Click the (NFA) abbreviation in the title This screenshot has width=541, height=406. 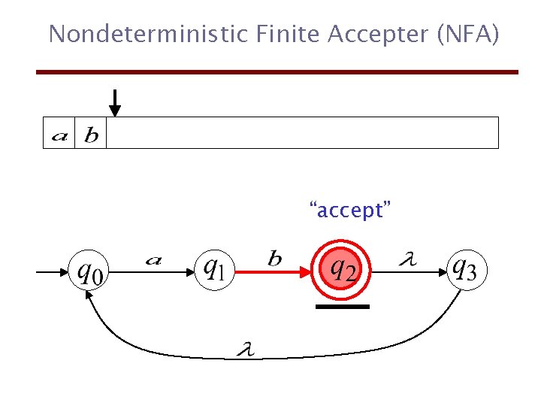pyautogui.click(x=467, y=34)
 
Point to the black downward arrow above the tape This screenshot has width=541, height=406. pyautogui.click(x=114, y=102)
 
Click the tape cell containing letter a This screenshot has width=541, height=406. pyautogui.click(x=59, y=133)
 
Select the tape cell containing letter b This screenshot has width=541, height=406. pyautogui.click(x=91, y=133)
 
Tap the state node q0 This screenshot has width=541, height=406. pyautogui.click(x=89, y=271)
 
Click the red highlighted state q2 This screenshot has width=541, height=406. pyautogui.click(x=343, y=269)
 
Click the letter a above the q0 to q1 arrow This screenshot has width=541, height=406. pyautogui.click(x=153, y=260)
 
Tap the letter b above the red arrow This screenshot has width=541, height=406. pyautogui.click(x=276, y=259)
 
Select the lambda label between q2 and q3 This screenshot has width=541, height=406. pyautogui.click(x=407, y=260)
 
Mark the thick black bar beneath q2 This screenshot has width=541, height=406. pyautogui.click(x=343, y=307)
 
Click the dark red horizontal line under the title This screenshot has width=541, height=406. pyautogui.click(x=278, y=72)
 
